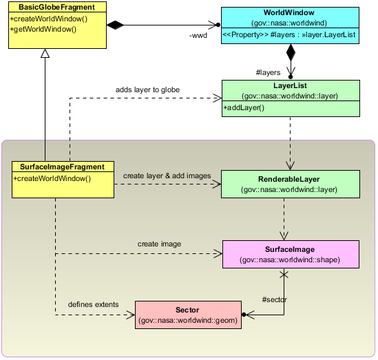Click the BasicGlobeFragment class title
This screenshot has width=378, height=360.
click(56, 7)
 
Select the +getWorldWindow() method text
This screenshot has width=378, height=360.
click(43, 29)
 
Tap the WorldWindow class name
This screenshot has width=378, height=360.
click(288, 12)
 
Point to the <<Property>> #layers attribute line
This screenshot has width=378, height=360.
click(288, 34)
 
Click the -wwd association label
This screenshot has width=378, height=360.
click(198, 35)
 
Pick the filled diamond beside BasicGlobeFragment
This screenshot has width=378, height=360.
click(115, 25)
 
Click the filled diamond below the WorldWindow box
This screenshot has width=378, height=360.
click(291, 52)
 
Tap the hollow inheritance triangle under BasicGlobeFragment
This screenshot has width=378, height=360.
click(45, 53)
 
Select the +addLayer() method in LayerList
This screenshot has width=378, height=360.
click(244, 107)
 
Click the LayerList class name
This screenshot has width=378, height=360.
click(290, 85)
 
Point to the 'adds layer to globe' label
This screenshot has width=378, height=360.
click(147, 89)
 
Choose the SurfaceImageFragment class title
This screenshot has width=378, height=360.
click(62, 167)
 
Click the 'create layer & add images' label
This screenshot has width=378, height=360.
click(167, 176)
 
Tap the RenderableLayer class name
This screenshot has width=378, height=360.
click(288, 179)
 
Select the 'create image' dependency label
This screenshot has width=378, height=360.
click(159, 244)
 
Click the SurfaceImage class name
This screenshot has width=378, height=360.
click(290, 249)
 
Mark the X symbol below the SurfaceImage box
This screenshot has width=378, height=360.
click(284, 274)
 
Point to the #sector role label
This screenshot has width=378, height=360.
click(274, 299)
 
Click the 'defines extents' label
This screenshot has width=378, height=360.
click(93, 304)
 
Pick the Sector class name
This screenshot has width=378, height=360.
click(187, 310)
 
